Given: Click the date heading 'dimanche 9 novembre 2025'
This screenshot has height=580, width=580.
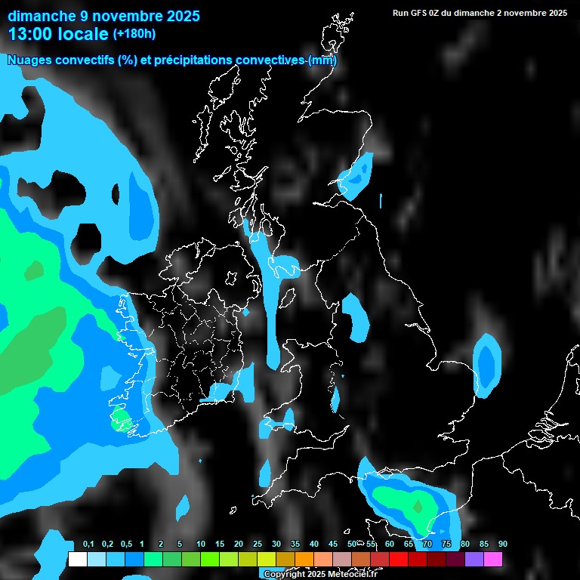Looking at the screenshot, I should (x=103, y=16).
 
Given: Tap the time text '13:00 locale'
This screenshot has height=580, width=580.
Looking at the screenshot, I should (x=58, y=34).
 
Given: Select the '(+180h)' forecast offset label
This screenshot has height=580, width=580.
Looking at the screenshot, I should (x=134, y=34).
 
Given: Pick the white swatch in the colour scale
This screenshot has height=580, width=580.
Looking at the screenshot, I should (x=77, y=560).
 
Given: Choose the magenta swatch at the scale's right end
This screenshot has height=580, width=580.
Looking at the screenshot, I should (x=493, y=560).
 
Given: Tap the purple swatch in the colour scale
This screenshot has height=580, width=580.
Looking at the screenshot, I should (x=474, y=560).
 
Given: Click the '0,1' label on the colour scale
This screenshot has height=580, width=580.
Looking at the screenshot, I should (x=88, y=545).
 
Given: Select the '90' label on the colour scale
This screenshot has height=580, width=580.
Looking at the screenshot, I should (x=503, y=545).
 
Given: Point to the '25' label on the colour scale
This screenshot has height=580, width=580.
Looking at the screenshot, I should (x=258, y=545).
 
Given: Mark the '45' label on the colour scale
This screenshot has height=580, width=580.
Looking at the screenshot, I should (x=333, y=545).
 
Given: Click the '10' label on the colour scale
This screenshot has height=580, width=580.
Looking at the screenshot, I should (x=201, y=545).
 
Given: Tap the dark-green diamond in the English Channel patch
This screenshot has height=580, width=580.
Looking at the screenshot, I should (x=418, y=505).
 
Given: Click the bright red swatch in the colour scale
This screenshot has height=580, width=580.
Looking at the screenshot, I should (x=399, y=560).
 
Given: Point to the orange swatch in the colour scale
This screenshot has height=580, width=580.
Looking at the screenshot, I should (x=304, y=560).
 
